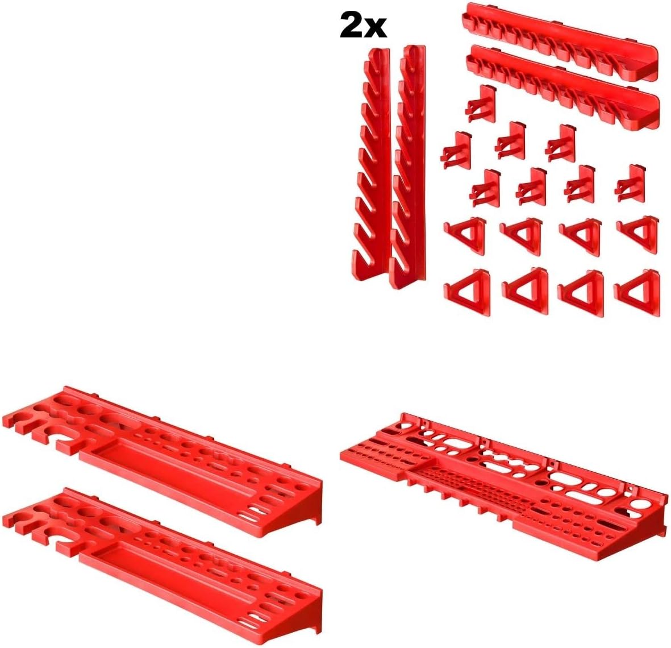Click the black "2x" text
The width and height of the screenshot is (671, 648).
363,26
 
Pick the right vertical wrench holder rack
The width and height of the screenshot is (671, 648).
407,167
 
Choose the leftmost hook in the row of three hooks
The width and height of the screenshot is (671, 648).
457,150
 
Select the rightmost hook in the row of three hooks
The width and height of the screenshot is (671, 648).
561,143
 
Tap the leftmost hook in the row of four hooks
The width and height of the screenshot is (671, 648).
485,188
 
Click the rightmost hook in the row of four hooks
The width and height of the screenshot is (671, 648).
630,183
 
